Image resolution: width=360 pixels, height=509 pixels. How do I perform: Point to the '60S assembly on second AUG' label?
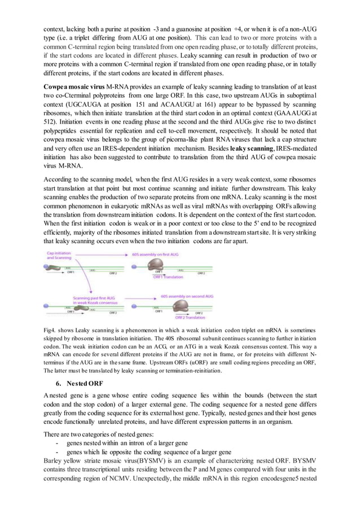pos(187,295)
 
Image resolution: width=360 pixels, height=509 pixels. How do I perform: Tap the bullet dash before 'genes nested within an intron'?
pos(58,442)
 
